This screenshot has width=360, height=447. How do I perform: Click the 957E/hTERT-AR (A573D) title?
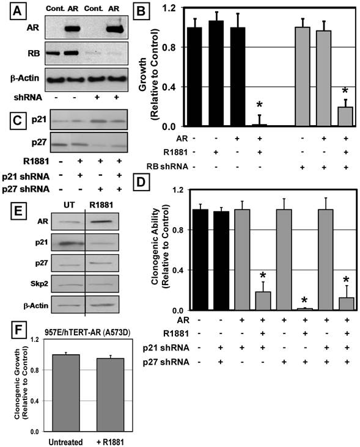[x=87, y=333]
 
